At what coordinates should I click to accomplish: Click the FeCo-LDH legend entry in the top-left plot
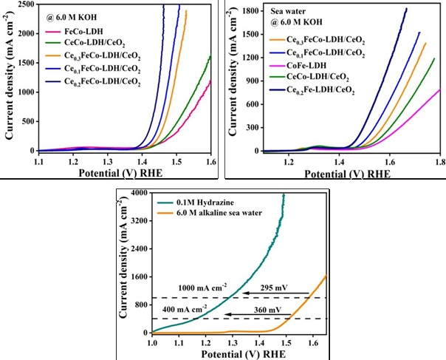[x=83, y=33]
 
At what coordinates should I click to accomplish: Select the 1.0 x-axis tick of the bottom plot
[x=153, y=343]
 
